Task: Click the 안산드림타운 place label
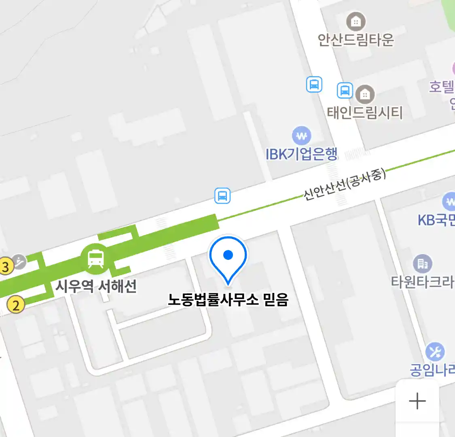(356, 40)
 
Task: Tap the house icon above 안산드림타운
(356, 21)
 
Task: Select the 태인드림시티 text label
(365, 112)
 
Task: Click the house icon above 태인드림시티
(365, 95)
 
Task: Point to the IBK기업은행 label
(301, 154)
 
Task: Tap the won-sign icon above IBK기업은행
(301, 136)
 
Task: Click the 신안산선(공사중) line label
(345, 185)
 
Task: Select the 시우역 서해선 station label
(96, 286)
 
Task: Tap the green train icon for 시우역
(95, 259)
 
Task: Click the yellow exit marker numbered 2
(16, 305)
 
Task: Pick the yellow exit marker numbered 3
(5, 267)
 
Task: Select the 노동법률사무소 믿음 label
(228, 300)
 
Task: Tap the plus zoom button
(417, 401)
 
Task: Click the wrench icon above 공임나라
(435, 352)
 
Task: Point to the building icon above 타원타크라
(423, 264)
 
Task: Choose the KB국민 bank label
(436, 220)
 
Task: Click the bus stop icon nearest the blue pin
(222, 196)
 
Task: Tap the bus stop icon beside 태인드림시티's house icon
(345, 90)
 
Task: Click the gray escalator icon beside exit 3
(19, 262)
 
